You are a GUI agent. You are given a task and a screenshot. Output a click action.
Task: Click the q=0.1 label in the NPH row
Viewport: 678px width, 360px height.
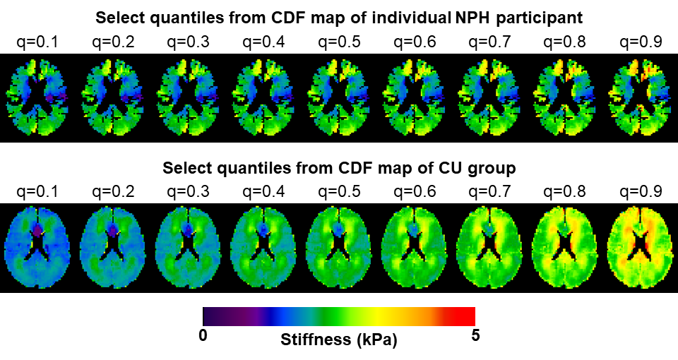click(38, 42)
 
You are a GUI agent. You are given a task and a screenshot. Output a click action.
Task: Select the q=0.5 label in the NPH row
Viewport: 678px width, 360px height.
click(339, 42)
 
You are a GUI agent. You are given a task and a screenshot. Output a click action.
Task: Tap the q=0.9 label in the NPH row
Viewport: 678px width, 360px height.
click(641, 42)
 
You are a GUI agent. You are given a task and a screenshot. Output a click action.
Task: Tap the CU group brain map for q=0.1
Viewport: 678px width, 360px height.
click(38, 248)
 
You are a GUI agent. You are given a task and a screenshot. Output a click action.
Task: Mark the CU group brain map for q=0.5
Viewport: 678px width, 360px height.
click(339, 248)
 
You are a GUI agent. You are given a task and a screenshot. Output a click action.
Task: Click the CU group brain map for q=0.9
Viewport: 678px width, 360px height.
click(641, 248)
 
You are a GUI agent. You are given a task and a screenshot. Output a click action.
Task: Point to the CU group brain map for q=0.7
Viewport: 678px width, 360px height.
click(490, 248)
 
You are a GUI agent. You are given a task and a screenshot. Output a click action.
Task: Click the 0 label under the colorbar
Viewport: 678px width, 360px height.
click(203, 335)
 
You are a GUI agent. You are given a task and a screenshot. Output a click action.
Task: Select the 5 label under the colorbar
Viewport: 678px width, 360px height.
click(475, 335)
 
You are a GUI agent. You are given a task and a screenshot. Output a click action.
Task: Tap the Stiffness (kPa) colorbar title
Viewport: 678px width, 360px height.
click(339, 340)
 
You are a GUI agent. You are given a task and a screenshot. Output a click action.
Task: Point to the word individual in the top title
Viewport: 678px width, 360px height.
click(403, 16)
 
